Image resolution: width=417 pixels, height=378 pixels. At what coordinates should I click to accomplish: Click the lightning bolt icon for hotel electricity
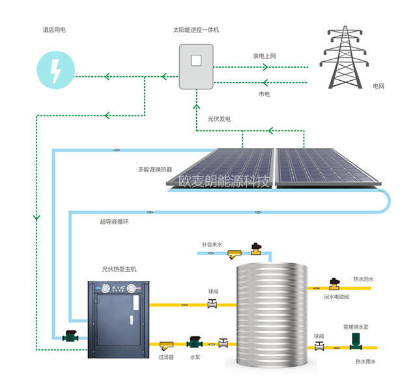55,68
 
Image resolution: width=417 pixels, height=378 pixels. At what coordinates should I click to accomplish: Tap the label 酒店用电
53,29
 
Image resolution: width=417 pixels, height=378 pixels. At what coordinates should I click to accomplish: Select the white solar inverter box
195,65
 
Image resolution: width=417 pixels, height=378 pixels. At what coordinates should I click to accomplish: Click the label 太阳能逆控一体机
195,29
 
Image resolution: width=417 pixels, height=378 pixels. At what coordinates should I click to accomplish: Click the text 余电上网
265,56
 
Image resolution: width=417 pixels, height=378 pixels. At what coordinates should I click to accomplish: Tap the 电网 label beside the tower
379,86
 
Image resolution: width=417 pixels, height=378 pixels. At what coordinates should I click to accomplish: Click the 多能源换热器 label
155,169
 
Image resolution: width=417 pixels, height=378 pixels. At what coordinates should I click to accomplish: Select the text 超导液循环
114,222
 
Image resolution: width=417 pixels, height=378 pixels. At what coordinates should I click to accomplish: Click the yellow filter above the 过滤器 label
167,343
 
